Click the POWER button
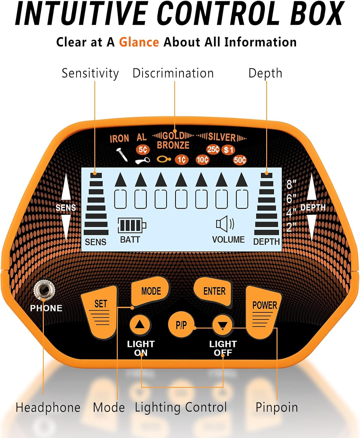click(264, 311)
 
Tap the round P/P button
click(181, 325)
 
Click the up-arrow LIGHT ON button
click(140, 325)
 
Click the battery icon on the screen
click(131, 225)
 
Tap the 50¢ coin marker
click(240, 160)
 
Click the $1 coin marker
click(229, 150)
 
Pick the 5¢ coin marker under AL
click(143, 150)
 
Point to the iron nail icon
click(122, 155)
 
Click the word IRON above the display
click(119, 139)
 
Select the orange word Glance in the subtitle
click(139, 42)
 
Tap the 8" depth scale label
click(291, 185)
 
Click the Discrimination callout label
click(173, 73)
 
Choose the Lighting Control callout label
click(181, 407)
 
